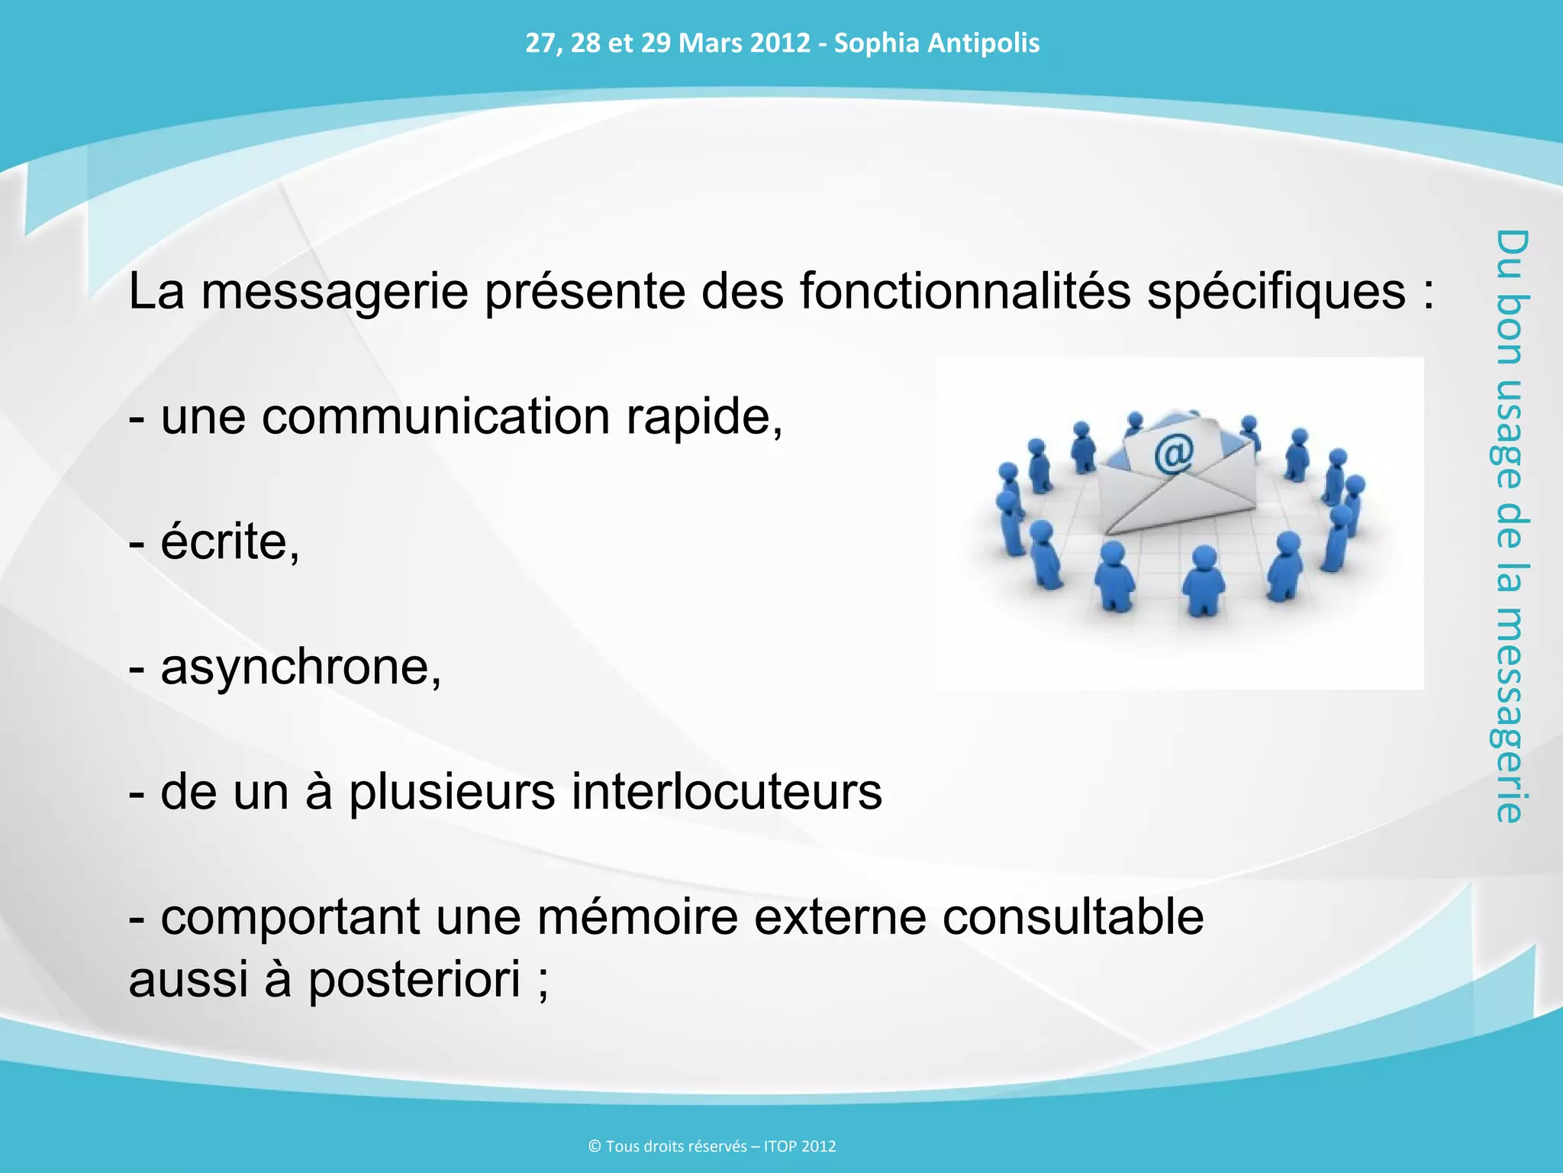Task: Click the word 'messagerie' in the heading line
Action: click(x=334, y=292)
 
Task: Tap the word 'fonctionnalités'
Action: click(x=965, y=292)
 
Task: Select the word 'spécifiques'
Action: click(x=1276, y=292)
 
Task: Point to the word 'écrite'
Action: click(x=230, y=542)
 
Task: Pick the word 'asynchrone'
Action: click(x=301, y=667)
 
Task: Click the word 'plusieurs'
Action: click(x=452, y=792)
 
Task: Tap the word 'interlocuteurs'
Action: click(x=727, y=792)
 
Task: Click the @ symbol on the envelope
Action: click(x=1173, y=456)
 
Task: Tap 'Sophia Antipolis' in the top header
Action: click(x=936, y=43)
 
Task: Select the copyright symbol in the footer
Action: click(x=595, y=1146)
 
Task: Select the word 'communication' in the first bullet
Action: click(x=436, y=418)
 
